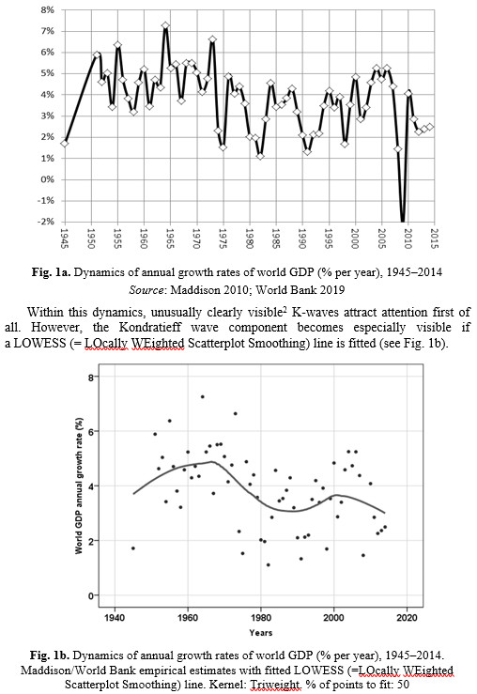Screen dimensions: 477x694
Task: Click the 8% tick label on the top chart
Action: tap(47, 9)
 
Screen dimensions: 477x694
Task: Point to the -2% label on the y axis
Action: tap(46, 222)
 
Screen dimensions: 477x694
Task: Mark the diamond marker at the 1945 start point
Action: tap(65, 144)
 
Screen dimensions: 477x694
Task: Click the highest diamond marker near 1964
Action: tap(165, 25)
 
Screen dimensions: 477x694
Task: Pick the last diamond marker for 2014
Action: tap(430, 127)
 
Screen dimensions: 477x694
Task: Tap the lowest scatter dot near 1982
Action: tap(269, 564)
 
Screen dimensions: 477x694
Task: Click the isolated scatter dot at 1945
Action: tap(132, 548)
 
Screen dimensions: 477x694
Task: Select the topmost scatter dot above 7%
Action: tap(202, 396)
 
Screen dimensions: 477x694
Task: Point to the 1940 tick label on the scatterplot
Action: tap(115, 617)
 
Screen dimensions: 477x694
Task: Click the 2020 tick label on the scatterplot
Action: tap(408, 617)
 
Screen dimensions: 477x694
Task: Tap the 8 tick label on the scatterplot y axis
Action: tap(91, 378)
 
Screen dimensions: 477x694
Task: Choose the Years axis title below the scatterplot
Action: tap(261, 632)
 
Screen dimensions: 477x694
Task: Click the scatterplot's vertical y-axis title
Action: tap(79, 486)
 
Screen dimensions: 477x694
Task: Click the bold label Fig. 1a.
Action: tap(51, 272)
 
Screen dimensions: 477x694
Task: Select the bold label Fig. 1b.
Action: tap(49, 655)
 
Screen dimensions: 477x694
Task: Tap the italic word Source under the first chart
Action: tap(146, 290)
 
